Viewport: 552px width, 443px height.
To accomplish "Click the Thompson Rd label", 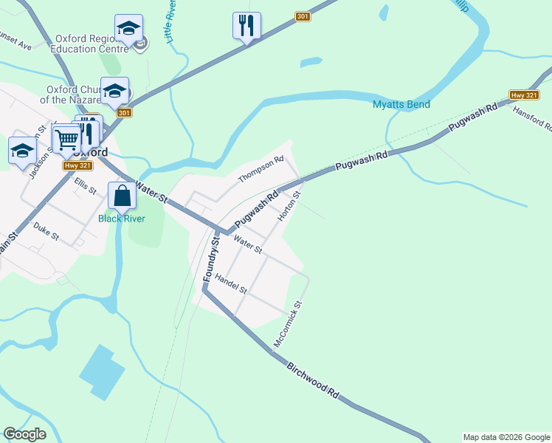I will pyautogui.click(x=261, y=170).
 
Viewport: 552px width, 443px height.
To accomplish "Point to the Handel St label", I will pyautogui.click(x=231, y=285).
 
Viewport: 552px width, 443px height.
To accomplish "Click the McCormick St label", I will pyautogui.click(x=287, y=324).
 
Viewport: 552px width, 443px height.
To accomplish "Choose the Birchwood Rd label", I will pyautogui.click(x=313, y=381).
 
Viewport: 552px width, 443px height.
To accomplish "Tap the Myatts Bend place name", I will pyautogui.click(x=401, y=104).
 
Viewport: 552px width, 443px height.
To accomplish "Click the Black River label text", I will pyautogui.click(x=122, y=219).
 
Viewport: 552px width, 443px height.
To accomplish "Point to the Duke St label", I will pyautogui.click(x=46, y=233).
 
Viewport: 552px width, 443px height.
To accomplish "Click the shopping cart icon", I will pyautogui.click(x=66, y=138).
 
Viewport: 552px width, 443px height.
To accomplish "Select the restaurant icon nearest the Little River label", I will pyautogui.click(x=246, y=26).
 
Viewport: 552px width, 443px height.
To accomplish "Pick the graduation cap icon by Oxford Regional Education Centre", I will pyautogui.click(x=129, y=29).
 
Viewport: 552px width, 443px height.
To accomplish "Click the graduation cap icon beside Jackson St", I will pyautogui.click(x=23, y=151).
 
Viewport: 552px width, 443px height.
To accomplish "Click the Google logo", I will pyautogui.click(x=24, y=434).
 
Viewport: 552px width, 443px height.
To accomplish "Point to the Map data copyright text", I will pyautogui.click(x=506, y=437).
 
